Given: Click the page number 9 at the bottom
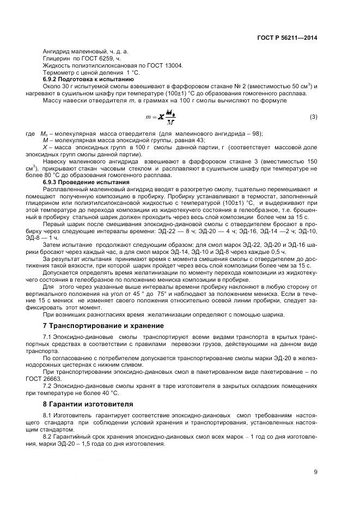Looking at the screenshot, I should coord(315,472).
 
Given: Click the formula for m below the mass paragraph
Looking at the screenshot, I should coord(161,117).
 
